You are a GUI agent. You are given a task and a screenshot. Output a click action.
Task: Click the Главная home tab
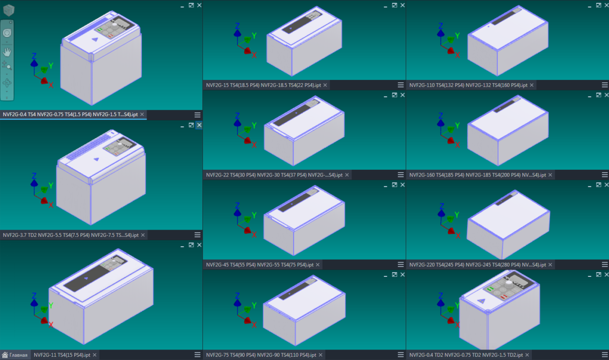pyautogui.click(x=15, y=355)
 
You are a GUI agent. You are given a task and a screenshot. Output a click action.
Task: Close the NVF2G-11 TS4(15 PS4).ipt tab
pyautogui.click(x=95, y=355)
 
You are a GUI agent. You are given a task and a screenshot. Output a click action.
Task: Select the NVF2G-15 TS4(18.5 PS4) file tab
pyautogui.click(x=263, y=85)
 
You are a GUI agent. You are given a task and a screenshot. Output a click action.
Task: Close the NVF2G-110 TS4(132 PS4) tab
pyautogui.click(x=531, y=85)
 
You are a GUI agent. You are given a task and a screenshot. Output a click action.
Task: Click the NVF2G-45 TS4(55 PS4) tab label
pyautogui.click(x=260, y=264)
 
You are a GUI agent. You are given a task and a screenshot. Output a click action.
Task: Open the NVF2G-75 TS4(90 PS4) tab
pyautogui.click(x=261, y=355)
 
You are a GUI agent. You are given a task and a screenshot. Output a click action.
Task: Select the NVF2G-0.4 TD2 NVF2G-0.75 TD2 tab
pyautogui.click(x=466, y=355)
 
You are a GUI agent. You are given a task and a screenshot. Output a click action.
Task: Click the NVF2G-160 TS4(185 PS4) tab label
pyautogui.click(x=477, y=175)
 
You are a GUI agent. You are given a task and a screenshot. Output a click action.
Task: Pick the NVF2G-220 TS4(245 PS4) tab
pyautogui.click(x=477, y=264)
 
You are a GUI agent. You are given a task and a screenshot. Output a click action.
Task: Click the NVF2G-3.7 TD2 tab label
pyautogui.click(x=71, y=235)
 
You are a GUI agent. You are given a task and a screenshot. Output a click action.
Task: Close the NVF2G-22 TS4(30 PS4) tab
pyautogui.click(x=347, y=175)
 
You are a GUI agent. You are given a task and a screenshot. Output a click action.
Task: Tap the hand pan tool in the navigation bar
pyautogui.click(x=7, y=52)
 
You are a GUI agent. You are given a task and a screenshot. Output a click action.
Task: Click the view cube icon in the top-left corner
pyautogui.click(x=9, y=10)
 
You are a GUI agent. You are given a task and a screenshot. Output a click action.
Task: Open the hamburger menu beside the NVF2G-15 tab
pyautogui.click(x=401, y=85)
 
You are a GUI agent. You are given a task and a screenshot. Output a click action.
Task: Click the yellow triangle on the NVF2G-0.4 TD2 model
pyautogui.click(x=481, y=301)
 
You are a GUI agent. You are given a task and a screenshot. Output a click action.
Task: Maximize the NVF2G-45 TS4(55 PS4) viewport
pyautogui.click(x=394, y=185)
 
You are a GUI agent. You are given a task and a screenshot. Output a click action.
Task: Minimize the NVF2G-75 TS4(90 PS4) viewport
pyautogui.click(x=385, y=275)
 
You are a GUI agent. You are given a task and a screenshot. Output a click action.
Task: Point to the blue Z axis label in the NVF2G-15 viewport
pyautogui.click(x=237, y=26)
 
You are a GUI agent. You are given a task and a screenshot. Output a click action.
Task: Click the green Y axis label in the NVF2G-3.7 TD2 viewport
pyautogui.click(x=51, y=185)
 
